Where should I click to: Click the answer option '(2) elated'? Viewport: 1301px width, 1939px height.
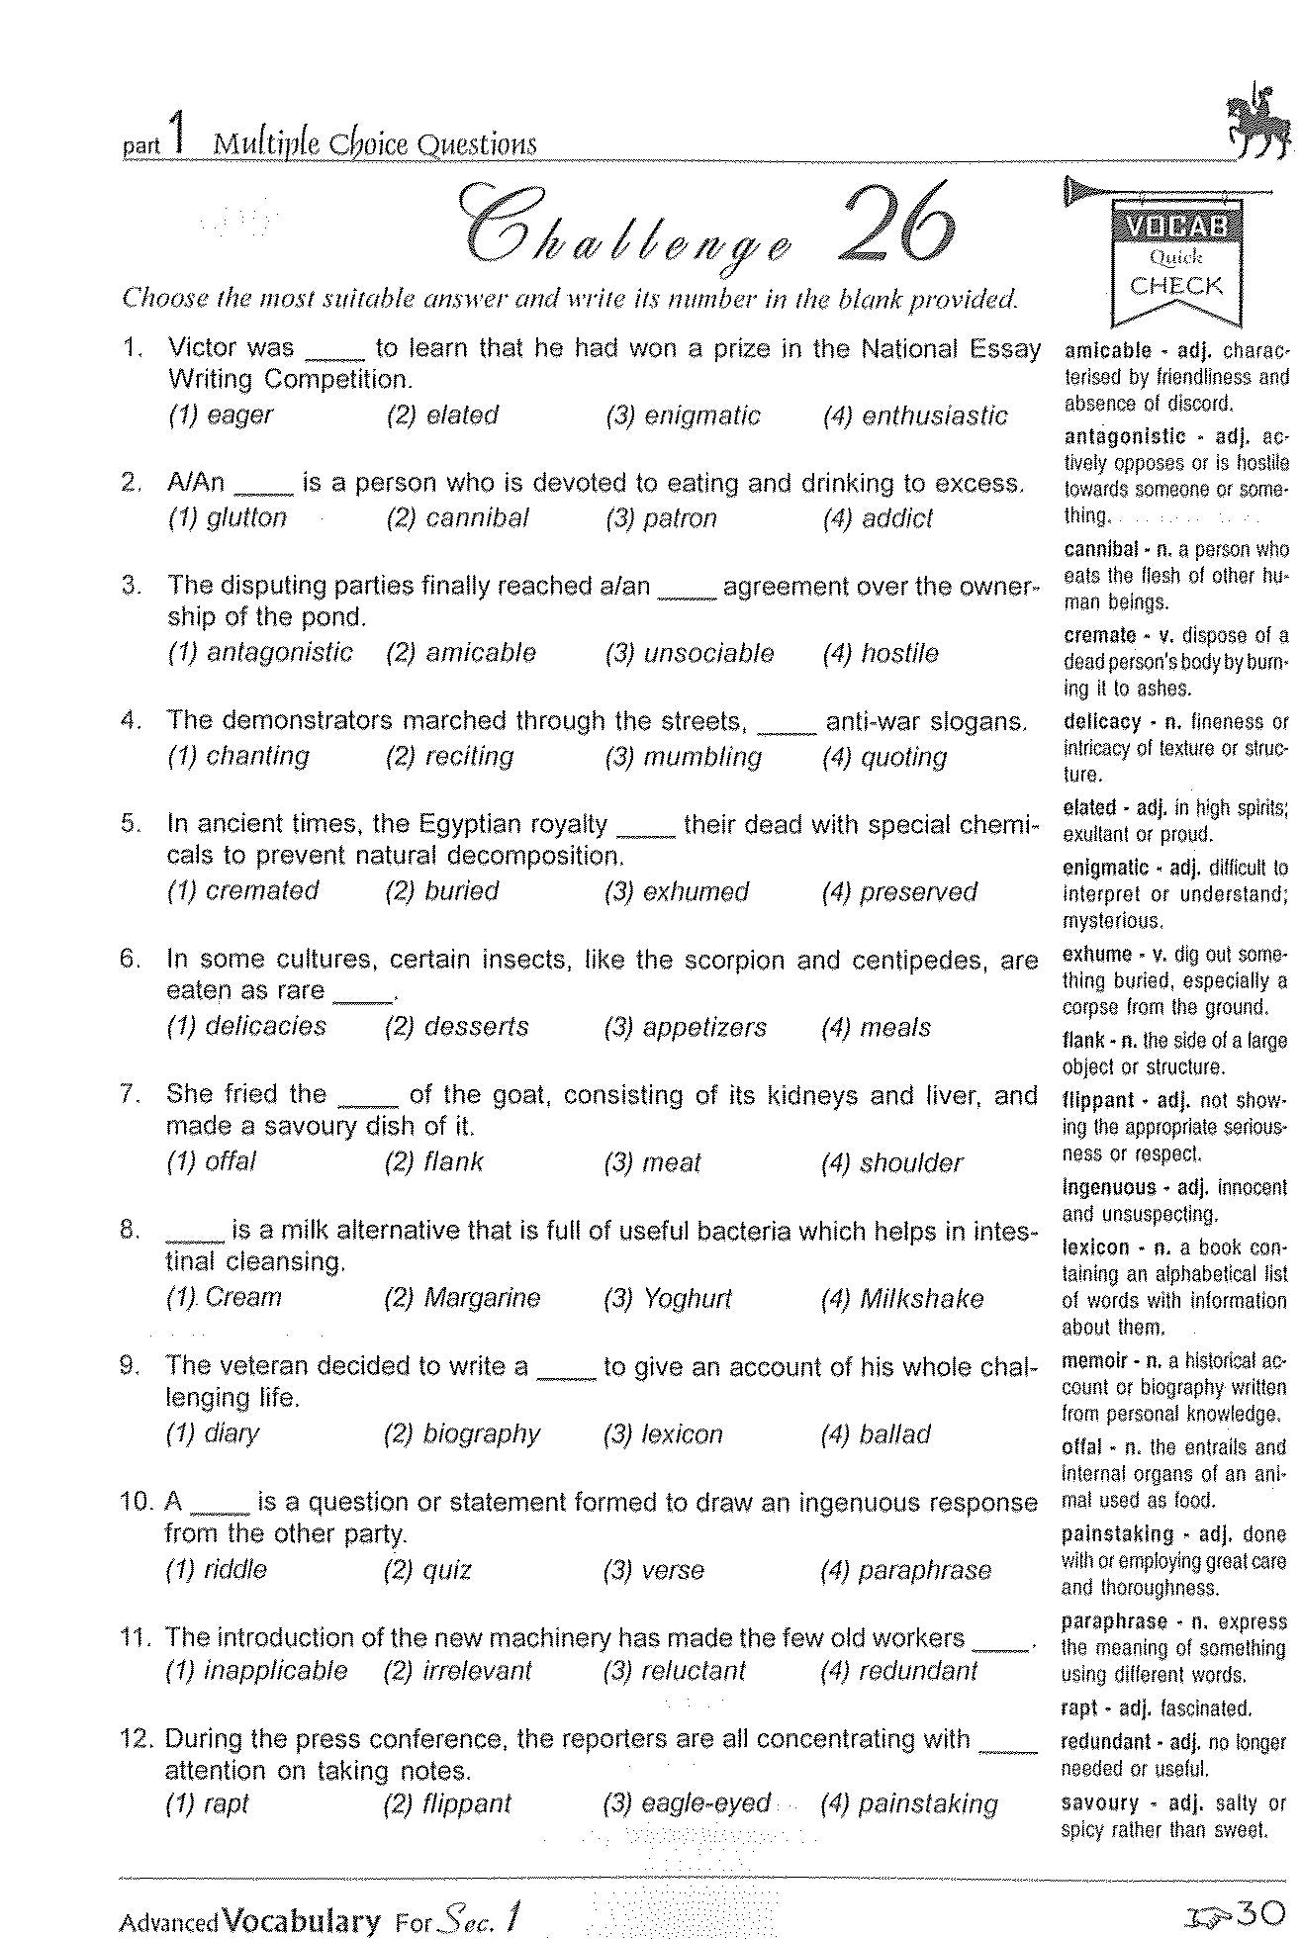point(442,415)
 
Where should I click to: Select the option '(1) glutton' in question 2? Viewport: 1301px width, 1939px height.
point(227,518)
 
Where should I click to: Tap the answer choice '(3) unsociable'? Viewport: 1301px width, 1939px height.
point(689,653)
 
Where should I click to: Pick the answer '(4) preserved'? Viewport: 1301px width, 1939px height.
point(898,891)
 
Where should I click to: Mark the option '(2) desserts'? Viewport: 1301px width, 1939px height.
point(456,1027)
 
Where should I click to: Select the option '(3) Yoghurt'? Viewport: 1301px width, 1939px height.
point(667,1298)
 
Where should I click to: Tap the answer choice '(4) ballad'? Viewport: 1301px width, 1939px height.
point(876,1433)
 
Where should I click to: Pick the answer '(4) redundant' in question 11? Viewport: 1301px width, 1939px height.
point(898,1671)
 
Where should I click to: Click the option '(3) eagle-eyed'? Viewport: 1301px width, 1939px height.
point(686,1802)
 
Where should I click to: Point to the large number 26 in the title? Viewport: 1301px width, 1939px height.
point(897,223)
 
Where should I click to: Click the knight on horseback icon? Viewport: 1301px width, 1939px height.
point(1257,122)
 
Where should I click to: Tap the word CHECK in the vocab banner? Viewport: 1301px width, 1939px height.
point(1176,287)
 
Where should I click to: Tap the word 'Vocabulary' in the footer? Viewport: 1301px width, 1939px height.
point(302,1920)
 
